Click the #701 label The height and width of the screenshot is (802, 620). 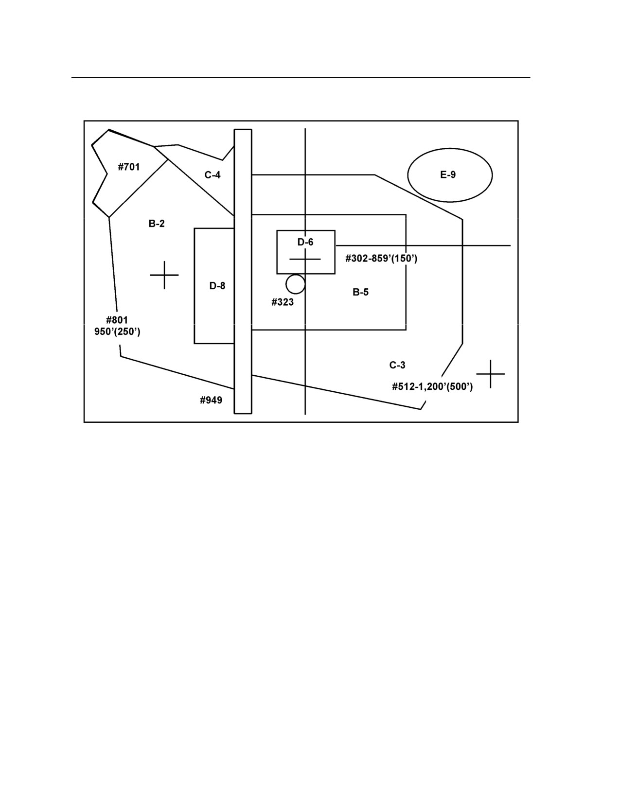click(x=129, y=167)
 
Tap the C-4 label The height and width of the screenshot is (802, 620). click(x=213, y=175)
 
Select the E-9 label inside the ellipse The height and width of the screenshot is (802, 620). click(x=448, y=174)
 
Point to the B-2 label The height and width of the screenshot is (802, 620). click(x=157, y=224)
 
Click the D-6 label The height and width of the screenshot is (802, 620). click(x=305, y=242)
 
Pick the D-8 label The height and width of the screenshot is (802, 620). click(x=217, y=286)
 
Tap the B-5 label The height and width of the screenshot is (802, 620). click(x=360, y=292)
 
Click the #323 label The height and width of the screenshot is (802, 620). click(x=283, y=302)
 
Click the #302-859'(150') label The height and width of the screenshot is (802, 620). click(x=381, y=259)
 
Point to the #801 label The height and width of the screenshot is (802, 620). click(x=117, y=320)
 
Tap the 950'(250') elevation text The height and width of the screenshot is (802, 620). click(x=117, y=332)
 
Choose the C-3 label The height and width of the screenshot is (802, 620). click(x=397, y=365)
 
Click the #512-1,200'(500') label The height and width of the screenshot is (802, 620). click(x=432, y=387)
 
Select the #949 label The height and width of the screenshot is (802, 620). click(x=211, y=400)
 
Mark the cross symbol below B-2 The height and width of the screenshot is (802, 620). click(x=164, y=275)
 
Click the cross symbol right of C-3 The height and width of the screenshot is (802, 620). click(x=490, y=374)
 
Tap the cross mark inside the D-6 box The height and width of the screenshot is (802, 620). click(x=305, y=259)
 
